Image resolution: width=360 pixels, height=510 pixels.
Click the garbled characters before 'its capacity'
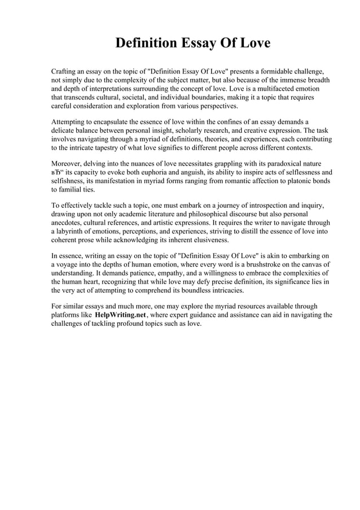click(x=58, y=172)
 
